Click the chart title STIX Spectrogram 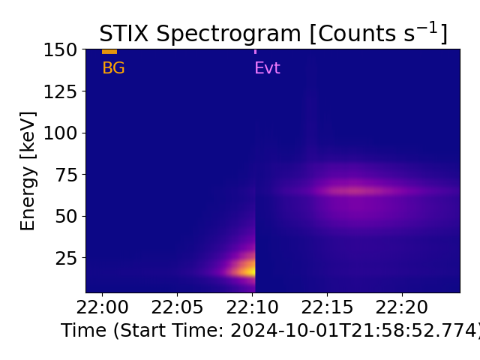pos(273,34)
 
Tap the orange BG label pos(113,68)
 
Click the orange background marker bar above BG pos(109,52)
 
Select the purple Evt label pos(267,68)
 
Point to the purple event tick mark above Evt pos(255,51)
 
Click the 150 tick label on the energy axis pos(60,49)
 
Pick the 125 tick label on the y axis pos(60,91)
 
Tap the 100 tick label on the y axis pos(60,133)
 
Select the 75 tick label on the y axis pos(65,175)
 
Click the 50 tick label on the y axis pos(65,216)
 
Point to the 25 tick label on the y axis pos(65,258)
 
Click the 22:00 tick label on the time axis pos(102,307)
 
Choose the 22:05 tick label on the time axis pos(177,307)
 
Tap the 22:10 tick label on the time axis pos(252,307)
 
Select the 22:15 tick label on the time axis pos(327,307)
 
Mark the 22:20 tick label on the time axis pos(402,307)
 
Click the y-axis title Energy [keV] pos(28,171)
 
